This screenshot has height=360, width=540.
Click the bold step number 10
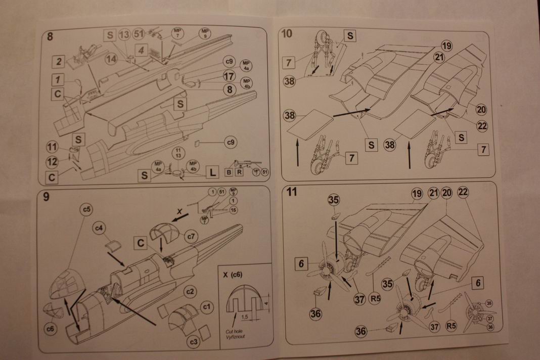pyautogui.click(x=286, y=34)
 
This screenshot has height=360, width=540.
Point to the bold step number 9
pyautogui.click(x=46, y=197)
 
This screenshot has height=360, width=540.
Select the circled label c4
pyautogui.click(x=99, y=229)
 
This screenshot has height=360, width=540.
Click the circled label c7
pyautogui.click(x=191, y=236)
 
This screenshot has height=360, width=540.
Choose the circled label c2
pyautogui.click(x=190, y=292)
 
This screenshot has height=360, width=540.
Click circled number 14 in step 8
pyautogui.click(x=112, y=59)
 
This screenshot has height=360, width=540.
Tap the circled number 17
pyautogui.click(x=229, y=76)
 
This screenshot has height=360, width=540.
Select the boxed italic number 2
pyautogui.click(x=59, y=62)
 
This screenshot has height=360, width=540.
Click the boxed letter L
pyautogui.click(x=213, y=173)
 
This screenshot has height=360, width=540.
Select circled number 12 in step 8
pyautogui.click(x=52, y=161)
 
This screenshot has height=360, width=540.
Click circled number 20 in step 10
pyautogui.click(x=481, y=109)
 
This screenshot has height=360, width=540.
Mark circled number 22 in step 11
pyautogui.click(x=463, y=193)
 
